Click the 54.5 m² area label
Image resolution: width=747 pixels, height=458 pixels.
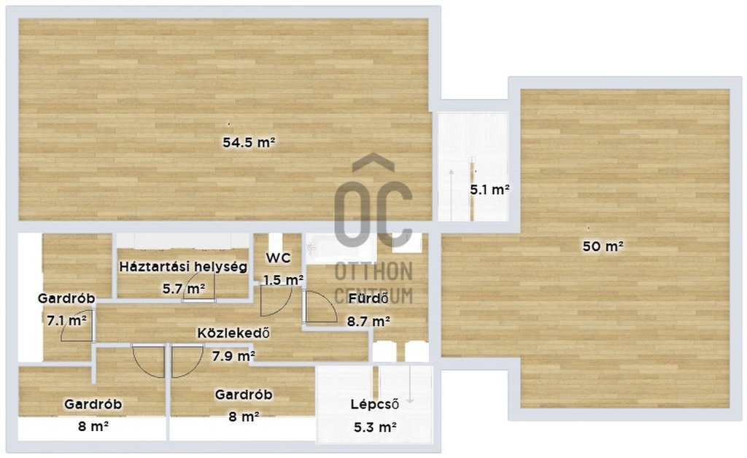coord(249,142)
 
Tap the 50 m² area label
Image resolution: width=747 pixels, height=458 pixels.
coord(603,247)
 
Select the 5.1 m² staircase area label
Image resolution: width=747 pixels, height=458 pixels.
coord(490,190)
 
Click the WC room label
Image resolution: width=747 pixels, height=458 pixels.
coord(278,258)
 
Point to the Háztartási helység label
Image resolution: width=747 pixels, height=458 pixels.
coord(183,267)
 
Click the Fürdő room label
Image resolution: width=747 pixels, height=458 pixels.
coord(368,298)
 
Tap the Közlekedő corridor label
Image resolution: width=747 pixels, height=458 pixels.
coord(233,333)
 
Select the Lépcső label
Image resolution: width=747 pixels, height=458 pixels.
coord(375,404)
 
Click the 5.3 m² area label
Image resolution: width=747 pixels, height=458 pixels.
coord(376,427)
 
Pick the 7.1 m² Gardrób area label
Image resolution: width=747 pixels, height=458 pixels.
coord(66,320)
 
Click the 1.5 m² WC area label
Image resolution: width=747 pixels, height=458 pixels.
coord(284,280)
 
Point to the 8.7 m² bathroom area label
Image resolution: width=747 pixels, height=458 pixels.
coord(369,322)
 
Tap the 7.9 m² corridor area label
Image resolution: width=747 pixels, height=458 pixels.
coord(233,355)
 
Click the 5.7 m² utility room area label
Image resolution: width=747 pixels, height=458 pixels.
coord(184,288)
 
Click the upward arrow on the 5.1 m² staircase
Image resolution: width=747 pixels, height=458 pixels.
coord(451,195)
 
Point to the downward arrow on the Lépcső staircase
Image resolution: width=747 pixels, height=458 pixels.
coord(410,384)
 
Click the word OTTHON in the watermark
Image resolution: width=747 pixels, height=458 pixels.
coord(373,271)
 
